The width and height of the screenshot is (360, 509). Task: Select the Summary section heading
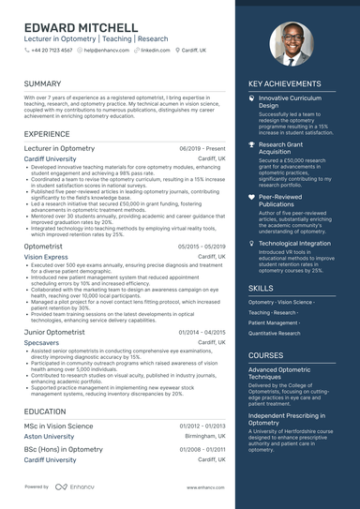(x=43, y=83)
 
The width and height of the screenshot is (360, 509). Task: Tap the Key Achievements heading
(x=284, y=83)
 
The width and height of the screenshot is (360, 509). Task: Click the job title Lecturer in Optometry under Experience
(x=59, y=148)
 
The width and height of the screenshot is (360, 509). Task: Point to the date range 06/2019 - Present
(x=202, y=148)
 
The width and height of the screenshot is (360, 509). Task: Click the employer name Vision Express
(x=46, y=256)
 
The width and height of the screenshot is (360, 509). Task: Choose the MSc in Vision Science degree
(x=58, y=426)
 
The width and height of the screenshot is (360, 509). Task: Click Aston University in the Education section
(x=49, y=437)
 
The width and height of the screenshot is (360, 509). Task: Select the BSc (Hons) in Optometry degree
(x=64, y=449)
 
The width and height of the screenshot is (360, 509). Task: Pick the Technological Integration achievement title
(x=294, y=243)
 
